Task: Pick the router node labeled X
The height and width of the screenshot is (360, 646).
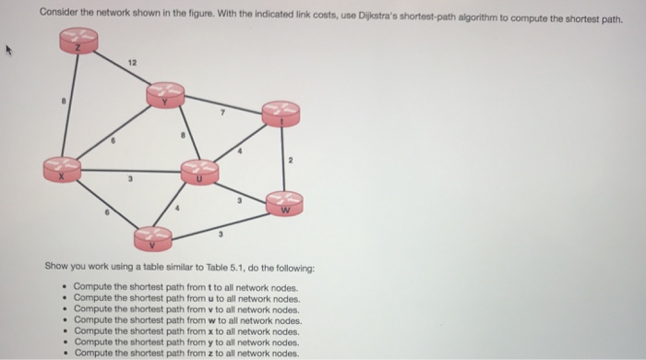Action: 63,169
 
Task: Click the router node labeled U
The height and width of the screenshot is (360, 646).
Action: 199,172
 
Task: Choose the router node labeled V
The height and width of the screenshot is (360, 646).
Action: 152,239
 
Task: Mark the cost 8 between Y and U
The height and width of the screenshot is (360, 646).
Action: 184,135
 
